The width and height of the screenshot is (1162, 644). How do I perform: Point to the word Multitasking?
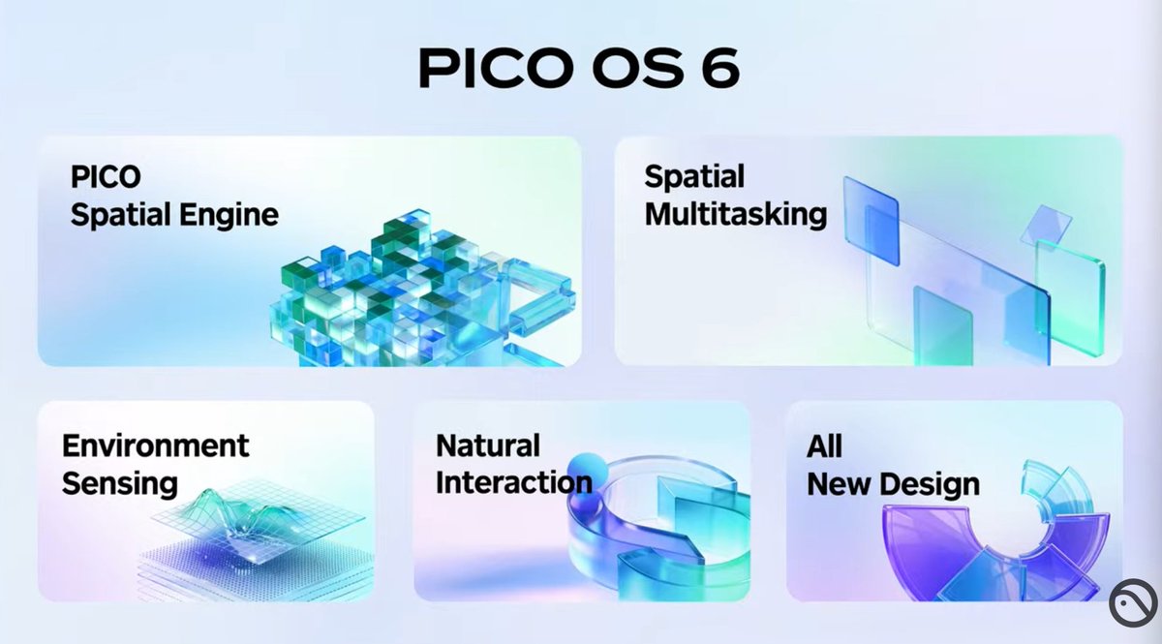(x=736, y=214)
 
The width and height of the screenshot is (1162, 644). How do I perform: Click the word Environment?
(x=156, y=445)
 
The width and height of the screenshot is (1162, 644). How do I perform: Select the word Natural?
(x=488, y=445)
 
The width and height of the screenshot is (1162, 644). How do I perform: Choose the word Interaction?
(x=513, y=482)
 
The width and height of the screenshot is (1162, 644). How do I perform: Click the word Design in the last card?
(x=935, y=482)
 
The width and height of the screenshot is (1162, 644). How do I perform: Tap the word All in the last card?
(x=824, y=445)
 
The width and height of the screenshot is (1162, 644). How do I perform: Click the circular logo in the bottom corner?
(x=1134, y=604)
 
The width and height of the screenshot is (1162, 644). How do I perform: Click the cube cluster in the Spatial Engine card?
(x=407, y=291)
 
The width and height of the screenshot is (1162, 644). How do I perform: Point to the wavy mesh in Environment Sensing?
(x=232, y=518)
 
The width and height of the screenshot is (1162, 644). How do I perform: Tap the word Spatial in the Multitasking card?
(x=694, y=176)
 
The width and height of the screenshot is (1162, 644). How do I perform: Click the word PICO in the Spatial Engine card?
(x=106, y=177)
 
